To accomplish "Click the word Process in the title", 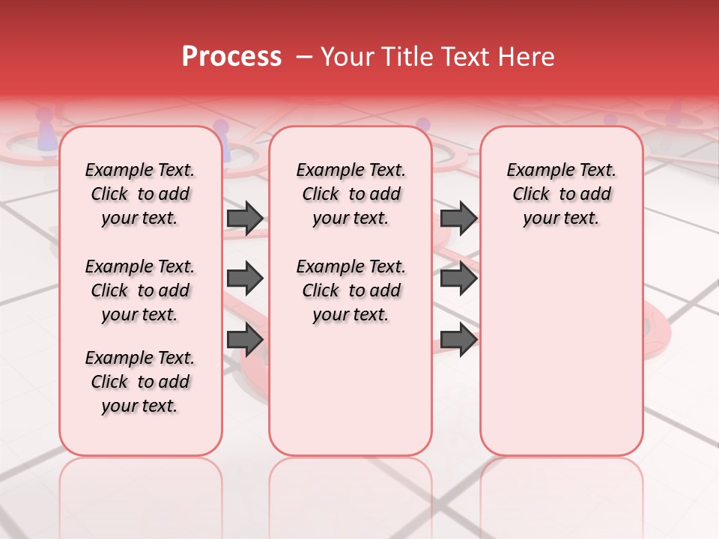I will [231, 57].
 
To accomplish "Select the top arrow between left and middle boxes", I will [245, 219].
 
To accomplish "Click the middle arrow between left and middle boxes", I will [245, 279].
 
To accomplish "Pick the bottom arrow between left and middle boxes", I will [245, 341].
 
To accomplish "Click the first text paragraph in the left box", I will [140, 194].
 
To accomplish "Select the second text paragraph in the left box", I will [140, 290].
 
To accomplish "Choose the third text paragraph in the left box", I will [140, 382].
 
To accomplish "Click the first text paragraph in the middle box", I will [351, 194].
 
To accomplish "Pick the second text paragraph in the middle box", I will [351, 290].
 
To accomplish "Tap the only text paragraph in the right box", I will [562, 194].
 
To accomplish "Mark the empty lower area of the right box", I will [562, 352].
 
